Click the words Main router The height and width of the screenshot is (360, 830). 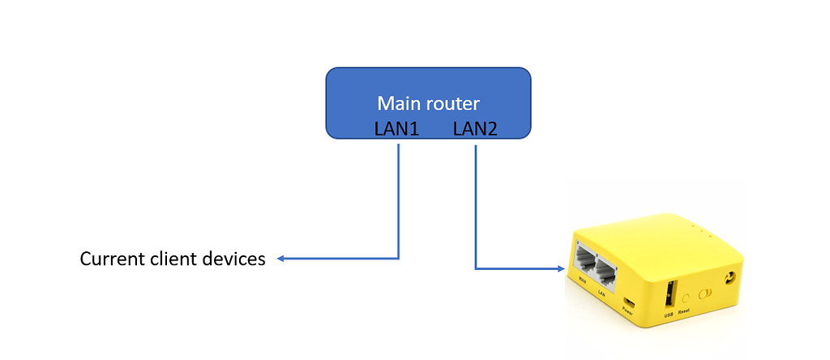point(428,104)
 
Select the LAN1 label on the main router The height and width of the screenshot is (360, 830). point(396,129)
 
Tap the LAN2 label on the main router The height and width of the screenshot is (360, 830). point(475,129)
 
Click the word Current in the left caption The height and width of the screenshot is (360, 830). point(113,259)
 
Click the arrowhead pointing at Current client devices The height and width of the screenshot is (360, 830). point(281,259)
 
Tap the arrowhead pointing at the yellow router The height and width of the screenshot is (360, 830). point(561,268)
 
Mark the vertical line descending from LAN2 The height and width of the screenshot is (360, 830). point(475,203)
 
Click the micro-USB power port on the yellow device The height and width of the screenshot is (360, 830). point(630,296)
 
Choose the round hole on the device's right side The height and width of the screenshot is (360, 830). point(734,278)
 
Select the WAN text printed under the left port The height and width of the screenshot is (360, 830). point(583,283)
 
